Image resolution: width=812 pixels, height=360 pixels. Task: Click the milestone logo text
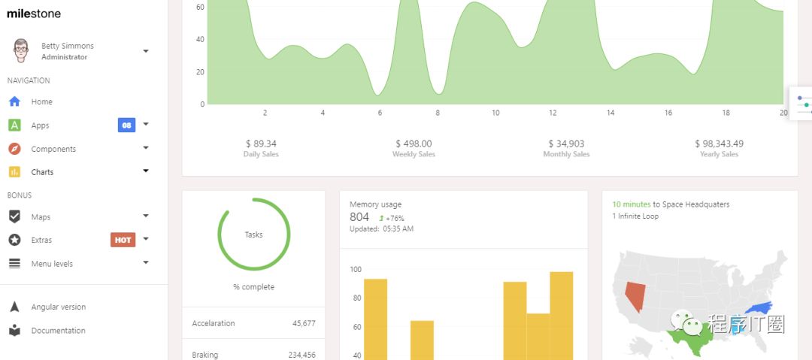point(34,14)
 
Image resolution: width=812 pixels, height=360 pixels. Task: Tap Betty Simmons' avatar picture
point(21,50)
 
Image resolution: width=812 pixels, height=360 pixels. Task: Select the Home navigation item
point(41,101)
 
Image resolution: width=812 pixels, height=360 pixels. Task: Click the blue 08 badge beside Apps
point(126,125)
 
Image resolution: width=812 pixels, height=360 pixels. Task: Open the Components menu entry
point(53,149)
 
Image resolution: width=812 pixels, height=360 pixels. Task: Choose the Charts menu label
point(42,172)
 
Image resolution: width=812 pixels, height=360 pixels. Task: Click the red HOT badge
point(123,240)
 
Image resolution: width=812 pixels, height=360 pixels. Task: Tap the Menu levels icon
point(14,264)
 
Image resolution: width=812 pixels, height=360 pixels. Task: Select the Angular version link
point(58,307)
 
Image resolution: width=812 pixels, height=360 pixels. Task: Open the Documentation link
point(58,331)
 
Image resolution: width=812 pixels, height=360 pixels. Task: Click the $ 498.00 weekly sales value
point(414,144)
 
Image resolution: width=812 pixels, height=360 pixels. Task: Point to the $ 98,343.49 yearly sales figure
point(719,144)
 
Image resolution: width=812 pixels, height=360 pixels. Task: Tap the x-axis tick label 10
point(495,113)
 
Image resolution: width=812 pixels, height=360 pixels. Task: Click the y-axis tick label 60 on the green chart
point(200,7)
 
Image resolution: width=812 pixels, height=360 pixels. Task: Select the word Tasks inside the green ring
point(254,234)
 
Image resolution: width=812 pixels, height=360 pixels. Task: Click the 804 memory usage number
point(359,217)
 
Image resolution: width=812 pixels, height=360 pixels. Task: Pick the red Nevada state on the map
point(635,295)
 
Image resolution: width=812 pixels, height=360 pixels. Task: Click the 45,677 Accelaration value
point(304,323)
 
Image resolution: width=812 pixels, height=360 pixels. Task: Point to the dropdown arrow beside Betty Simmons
point(146,51)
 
